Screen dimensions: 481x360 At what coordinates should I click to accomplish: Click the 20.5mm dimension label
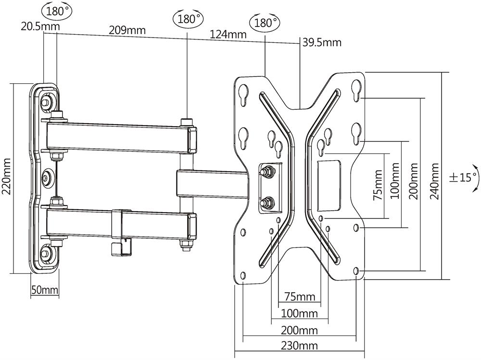coord(40,26)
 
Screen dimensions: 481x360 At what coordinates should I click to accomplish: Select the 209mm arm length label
coord(127,30)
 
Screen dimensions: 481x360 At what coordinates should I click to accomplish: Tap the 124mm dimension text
coord(228,34)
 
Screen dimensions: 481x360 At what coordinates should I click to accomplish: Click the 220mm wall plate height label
coord(6,177)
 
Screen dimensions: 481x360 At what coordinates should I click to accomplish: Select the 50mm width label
coord(45,290)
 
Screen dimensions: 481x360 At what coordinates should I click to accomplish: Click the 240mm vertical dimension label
coord(434,181)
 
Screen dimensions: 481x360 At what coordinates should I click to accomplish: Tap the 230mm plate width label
coord(299,346)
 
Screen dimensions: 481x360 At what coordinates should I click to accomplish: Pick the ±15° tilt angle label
coord(464,178)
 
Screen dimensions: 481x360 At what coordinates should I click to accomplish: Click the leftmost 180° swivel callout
coord(57,11)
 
